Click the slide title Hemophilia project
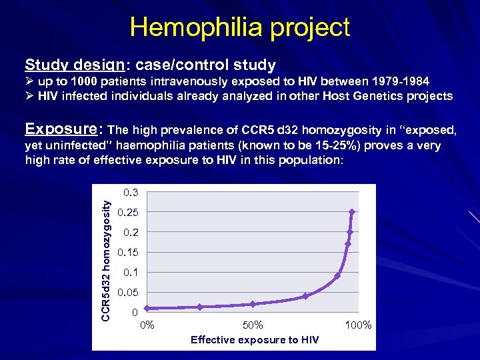coord(240,27)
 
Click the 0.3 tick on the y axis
coord(130,193)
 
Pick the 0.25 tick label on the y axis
coord(127,213)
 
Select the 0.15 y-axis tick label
coord(127,253)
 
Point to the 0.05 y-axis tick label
coord(127,293)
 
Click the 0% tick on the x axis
coord(147,325)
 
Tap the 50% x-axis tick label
coord(252,325)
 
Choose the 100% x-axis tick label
coord(358,325)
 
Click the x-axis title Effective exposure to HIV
coord(255,340)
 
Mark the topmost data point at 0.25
coord(352,212)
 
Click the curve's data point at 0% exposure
coord(147,308)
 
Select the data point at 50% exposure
coord(253,304)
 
